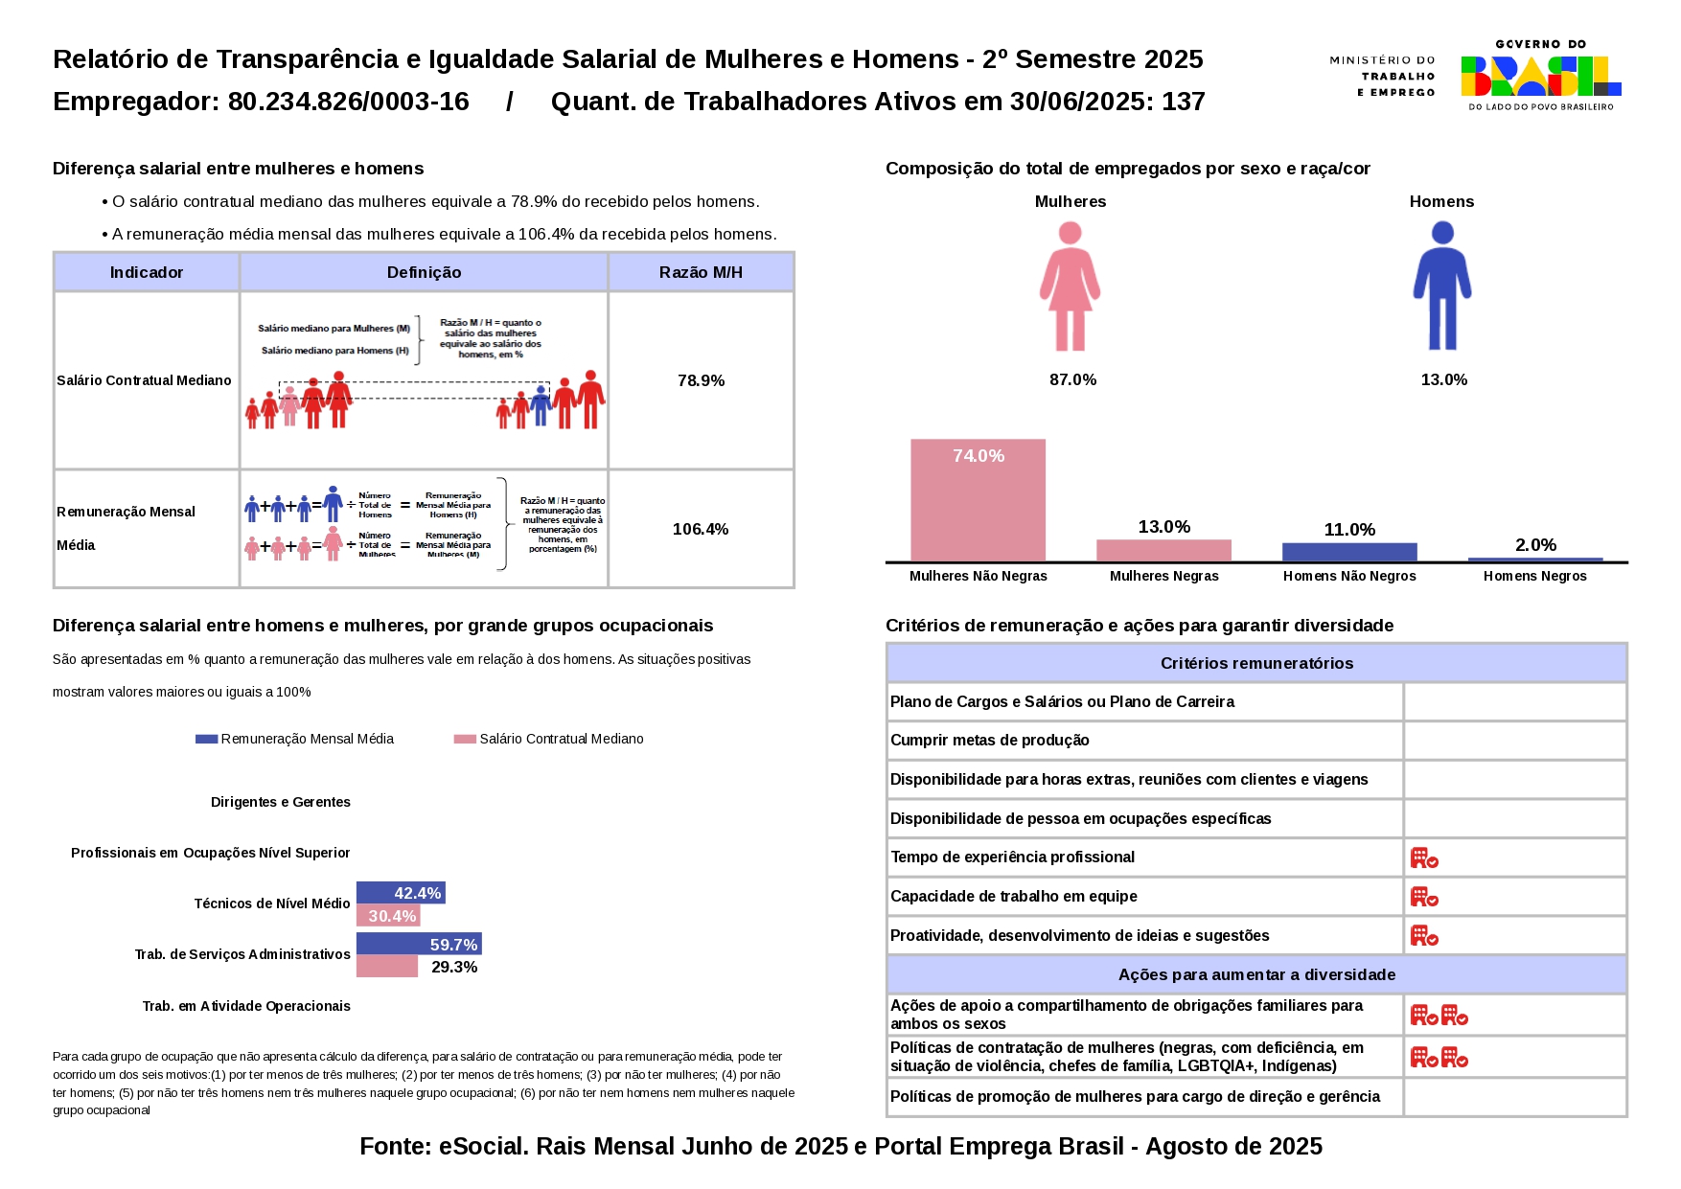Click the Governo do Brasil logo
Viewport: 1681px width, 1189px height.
(1540, 76)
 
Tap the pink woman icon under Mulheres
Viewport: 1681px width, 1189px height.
(1071, 286)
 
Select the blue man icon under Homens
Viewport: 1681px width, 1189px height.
(1441, 286)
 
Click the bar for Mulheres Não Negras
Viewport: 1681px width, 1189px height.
(978, 500)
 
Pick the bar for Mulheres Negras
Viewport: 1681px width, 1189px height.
(1163, 551)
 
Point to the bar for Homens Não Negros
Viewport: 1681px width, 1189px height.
(1349, 552)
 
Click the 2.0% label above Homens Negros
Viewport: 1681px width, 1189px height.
(1535, 545)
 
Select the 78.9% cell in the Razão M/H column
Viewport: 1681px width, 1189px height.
(701, 380)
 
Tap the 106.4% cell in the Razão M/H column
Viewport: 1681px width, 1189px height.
(701, 529)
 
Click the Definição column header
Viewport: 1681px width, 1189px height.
(424, 272)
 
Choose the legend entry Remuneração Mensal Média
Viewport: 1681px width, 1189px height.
(295, 739)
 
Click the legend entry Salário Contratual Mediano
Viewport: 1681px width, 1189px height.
(549, 739)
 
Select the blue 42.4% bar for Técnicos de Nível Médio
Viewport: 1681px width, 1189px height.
(401, 893)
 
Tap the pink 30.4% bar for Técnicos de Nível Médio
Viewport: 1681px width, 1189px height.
(388, 916)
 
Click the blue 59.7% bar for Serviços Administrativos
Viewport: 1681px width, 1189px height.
(419, 945)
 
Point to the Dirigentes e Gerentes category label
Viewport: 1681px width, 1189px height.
(281, 802)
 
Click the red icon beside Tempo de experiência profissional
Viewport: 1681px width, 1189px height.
(1424, 857)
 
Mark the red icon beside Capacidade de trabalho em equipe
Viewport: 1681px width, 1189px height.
(1424, 897)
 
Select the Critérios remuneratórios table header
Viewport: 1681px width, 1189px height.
(1256, 663)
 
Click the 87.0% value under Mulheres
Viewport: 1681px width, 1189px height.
(1072, 379)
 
